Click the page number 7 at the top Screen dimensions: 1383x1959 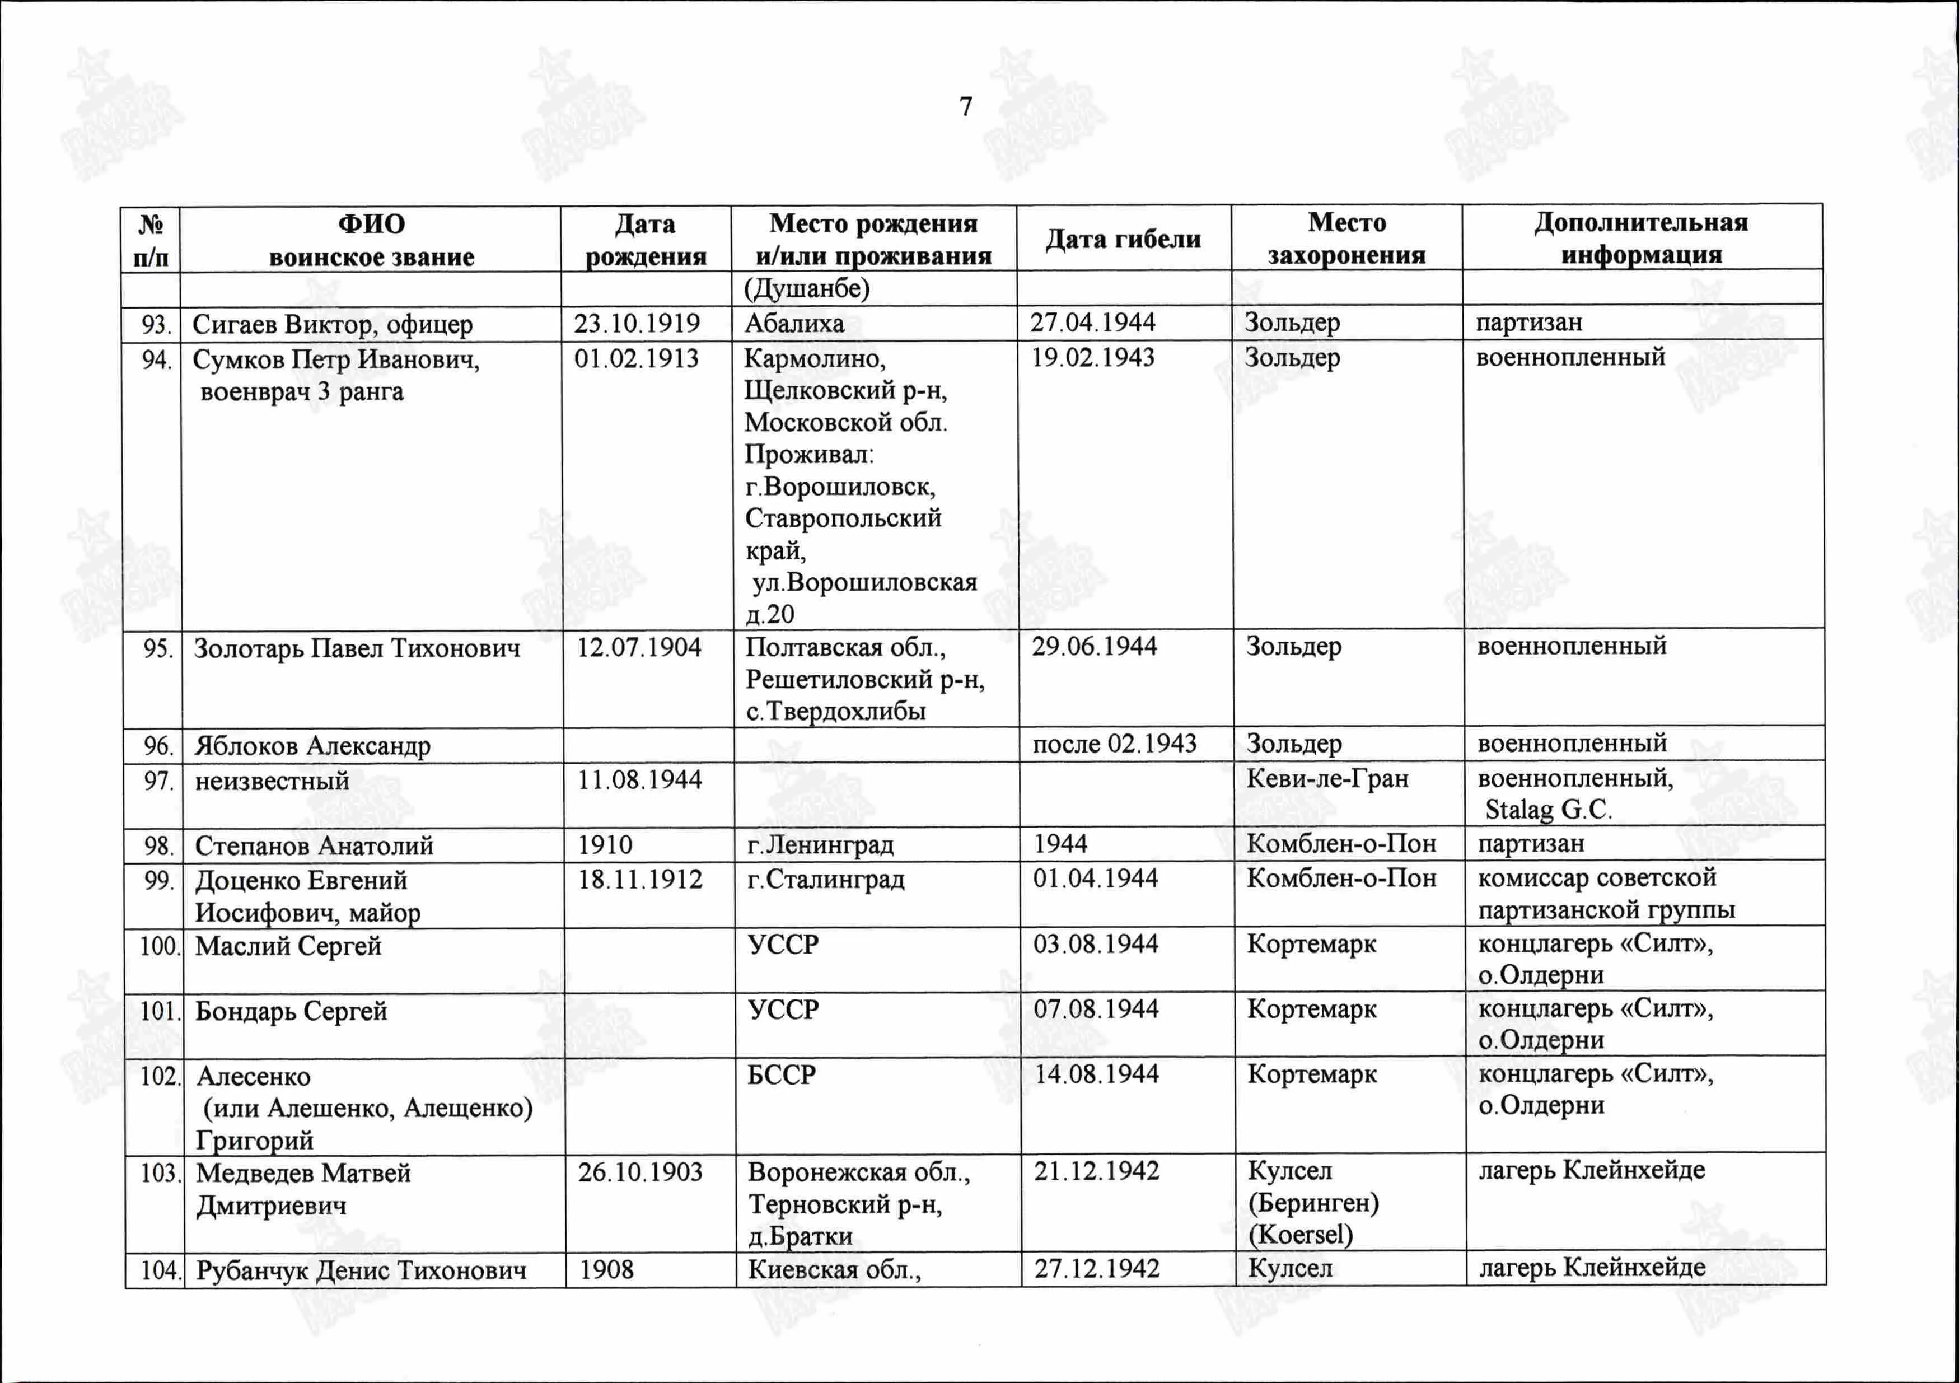(x=965, y=106)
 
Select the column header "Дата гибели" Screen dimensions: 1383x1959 (x=1123, y=240)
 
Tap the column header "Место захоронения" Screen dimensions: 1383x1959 (x=1346, y=239)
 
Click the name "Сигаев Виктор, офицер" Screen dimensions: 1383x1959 (x=332, y=324)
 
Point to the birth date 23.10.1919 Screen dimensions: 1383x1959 (x=637, y=324)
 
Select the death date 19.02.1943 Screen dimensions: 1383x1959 (x=1093, y=357)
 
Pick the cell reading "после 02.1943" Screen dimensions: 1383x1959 (x=1114, y=744)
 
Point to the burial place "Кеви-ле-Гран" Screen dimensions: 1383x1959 (x=1327, y=778)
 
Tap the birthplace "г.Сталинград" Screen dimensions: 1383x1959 (x=825, y=879)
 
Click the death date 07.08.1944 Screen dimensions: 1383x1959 (x=1096, y=1010)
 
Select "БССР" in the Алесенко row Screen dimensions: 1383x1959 (x=782, y=1074)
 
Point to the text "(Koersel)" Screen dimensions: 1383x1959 (x=1301, y=1235)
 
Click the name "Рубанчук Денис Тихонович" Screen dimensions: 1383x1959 (x=361, y=1270)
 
